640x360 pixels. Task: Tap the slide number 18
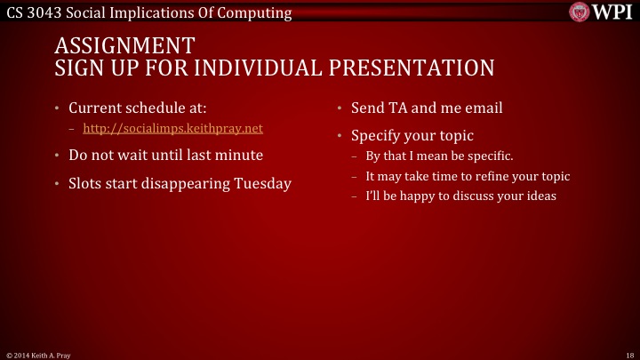628,354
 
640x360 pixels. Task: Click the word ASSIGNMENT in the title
124,46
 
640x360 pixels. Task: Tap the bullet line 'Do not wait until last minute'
165,155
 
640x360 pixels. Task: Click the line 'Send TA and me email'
427,108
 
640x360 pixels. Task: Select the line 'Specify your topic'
412,136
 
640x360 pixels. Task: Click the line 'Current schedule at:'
138,108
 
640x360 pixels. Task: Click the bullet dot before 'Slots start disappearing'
56,184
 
